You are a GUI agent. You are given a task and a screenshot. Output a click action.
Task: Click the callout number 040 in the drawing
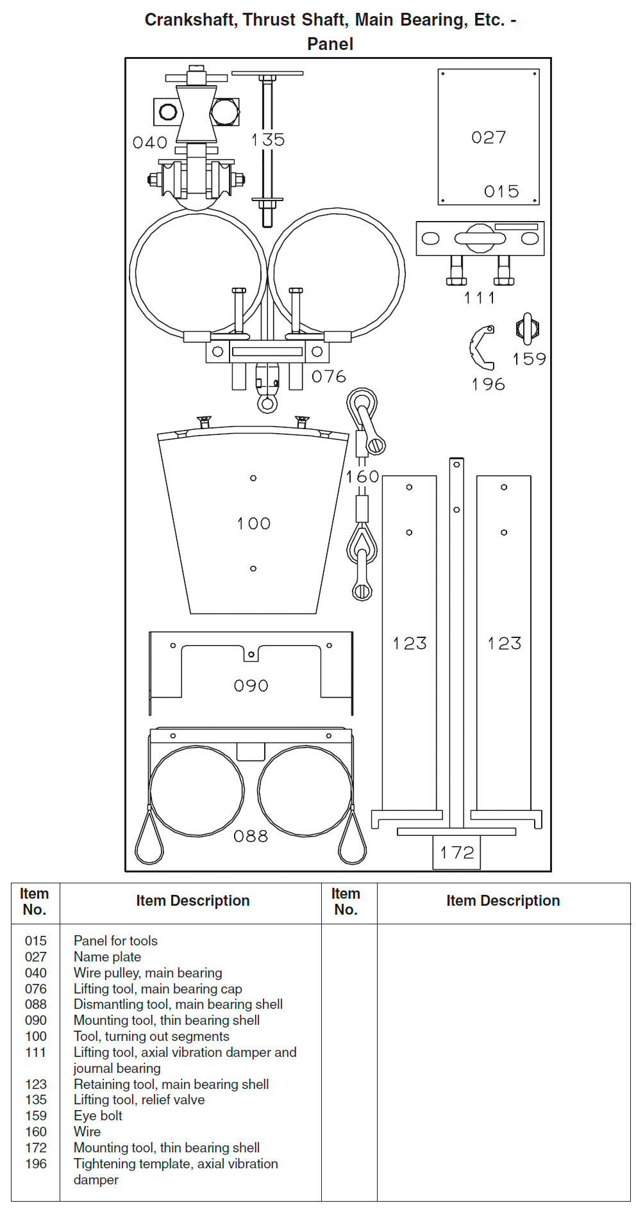[150, 142]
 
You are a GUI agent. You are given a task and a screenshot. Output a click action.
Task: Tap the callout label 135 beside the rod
[267, 140]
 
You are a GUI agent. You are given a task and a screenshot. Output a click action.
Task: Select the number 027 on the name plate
[489, 137]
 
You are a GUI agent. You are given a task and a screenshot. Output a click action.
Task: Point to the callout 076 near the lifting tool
[328, 377]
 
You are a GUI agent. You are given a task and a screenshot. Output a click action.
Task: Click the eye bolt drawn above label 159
[527, 329]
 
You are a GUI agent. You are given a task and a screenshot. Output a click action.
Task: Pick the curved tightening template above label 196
[481, 348]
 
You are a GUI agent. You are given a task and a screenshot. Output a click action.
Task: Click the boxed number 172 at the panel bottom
[456, 853]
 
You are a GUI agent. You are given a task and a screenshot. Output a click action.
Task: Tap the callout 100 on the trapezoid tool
[253, 523]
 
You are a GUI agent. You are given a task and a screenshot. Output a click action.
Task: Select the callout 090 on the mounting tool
[251, 686]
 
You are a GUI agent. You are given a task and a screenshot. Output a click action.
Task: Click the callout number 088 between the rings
[251, 836]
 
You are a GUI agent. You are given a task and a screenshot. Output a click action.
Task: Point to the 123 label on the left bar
[410, 643]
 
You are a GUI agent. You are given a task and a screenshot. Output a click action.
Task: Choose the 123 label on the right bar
[504, 643]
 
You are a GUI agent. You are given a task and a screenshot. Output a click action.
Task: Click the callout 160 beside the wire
[362, 477]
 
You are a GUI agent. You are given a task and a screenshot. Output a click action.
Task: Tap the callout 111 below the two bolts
[479, 298]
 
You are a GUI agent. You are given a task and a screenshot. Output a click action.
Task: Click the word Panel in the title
[330, 44]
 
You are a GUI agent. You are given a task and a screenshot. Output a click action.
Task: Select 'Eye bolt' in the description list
[98, 1115]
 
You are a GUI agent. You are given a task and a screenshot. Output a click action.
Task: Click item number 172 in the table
[36, 1147]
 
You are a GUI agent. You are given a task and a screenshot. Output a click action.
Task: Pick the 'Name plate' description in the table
[107, 956]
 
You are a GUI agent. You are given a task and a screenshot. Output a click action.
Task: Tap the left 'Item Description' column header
[192, 901]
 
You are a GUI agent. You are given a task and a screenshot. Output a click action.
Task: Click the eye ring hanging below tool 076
[267, 404]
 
